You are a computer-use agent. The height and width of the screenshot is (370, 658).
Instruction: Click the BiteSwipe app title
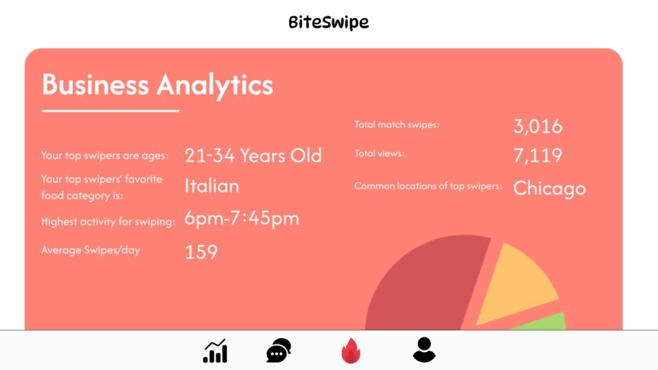coord(328,22)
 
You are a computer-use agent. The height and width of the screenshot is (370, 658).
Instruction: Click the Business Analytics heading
coord(158,84)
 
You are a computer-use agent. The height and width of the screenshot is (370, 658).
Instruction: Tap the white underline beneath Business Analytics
coord(110,110)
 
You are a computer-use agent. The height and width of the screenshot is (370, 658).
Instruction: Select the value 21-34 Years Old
coord(253,155)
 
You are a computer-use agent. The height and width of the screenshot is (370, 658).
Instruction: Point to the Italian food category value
coord(212,186)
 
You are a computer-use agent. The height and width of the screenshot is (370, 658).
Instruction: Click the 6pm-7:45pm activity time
coord(242,218)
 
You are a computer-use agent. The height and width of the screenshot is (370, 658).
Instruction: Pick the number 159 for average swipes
coord(201,252)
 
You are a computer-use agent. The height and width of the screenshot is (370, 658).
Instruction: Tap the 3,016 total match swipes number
coord(538,126)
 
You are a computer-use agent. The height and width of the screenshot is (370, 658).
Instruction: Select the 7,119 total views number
coord(538,155)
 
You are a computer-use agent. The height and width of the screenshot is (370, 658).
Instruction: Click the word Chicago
coord(549,188)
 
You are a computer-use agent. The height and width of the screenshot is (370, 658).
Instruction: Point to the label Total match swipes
coord(397,125)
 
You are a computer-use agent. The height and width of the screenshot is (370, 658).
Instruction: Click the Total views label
coord(380,154)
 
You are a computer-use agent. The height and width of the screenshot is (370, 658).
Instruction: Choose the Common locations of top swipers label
coord(428,186)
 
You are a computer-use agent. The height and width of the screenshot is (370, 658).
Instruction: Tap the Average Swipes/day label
coord(91,250)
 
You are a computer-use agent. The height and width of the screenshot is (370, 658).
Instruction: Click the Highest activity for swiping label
coord(108,221)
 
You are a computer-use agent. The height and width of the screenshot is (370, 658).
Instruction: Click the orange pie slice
coord(514,286)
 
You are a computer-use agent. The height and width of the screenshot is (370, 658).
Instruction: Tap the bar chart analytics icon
coord(216,350)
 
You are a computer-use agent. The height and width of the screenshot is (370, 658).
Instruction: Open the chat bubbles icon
coord(278,350)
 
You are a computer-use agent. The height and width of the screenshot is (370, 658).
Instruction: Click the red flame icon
coord(350,350)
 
